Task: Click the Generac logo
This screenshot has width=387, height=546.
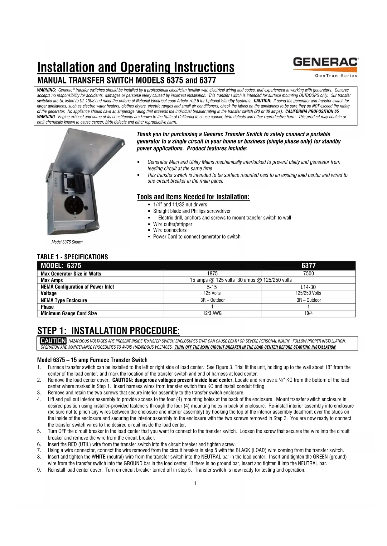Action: (x=325, y=62)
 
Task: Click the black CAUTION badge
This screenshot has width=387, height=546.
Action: (x=53, y=341)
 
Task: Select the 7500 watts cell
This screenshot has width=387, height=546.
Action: (x=308, y=273)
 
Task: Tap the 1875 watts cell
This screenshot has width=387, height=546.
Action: (x=212, y=273)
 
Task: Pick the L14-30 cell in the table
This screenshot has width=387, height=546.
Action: (x=308, y=287)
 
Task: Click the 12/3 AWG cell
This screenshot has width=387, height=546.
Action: (x=212, y=313)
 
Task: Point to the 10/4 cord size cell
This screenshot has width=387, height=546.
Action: (x=308, y=313)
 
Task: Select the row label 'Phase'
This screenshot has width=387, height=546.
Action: (x=47, y=307)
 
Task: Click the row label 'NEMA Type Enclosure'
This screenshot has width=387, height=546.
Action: (x=64, y=300)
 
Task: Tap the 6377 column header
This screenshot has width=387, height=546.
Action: (x=308, y=266)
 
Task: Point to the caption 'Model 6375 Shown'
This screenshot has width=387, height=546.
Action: (x=67, y=242)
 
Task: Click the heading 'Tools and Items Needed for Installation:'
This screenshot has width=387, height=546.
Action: (x=193, y=197)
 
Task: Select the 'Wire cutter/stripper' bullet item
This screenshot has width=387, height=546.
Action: (x=172, y=224)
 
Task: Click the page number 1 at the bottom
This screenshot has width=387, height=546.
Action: (x=195, y=483)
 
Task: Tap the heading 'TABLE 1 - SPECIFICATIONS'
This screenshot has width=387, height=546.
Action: (x=72, y=257)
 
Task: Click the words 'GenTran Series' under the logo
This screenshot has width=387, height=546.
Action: (x=336, y=76)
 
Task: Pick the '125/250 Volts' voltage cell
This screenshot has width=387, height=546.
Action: (x=308, y=293)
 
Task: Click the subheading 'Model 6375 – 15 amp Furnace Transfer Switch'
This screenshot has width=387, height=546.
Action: (x=92, y=360)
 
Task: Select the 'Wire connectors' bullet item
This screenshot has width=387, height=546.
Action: (x=170, y=230)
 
